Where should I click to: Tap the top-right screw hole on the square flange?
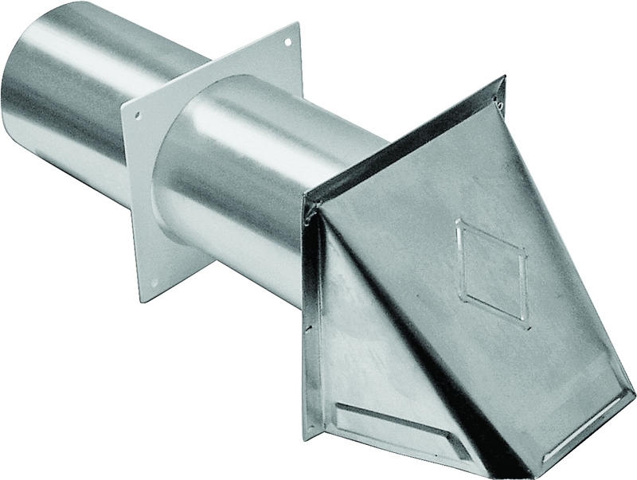click(289, 40)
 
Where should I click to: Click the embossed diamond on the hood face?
click(490, 271)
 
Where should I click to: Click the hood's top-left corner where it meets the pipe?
click(308, 209)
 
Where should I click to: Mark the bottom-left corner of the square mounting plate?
click(142, 302)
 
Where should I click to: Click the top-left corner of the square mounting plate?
click(123, 106)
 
